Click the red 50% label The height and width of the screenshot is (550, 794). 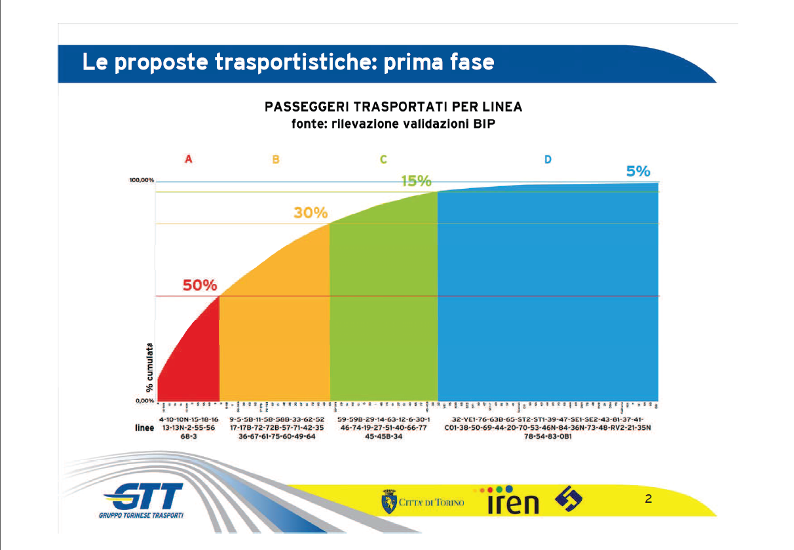click(x=199, y=286)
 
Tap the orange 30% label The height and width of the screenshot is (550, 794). click(x=311, y=213)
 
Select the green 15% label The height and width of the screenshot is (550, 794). click(x=416, y=181)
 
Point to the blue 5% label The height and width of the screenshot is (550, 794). click(x=638, y=172)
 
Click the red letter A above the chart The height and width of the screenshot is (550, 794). click(x=189, y=159)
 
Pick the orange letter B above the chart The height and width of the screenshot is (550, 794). click(x=276, y=159)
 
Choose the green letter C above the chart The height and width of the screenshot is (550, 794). click(x=383, y=159)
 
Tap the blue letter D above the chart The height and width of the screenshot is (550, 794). click(x=548, y=159)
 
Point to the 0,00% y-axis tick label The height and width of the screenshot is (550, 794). click(x=145, y=400)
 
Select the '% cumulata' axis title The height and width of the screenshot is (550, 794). click(x=150, y=368)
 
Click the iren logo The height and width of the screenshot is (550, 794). click(x=513, y=501)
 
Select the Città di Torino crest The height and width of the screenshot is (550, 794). click(x=388, y=502)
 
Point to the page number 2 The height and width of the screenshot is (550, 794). click(x=648, y=500)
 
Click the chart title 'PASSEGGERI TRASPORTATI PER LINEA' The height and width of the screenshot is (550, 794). click(x=393, y=108)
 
